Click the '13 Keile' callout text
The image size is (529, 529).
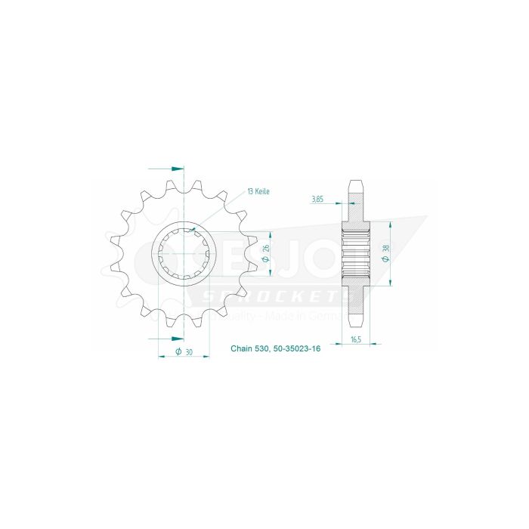point(257,192)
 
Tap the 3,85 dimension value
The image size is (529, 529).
point(317,200)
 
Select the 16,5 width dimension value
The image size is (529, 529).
point(355,341)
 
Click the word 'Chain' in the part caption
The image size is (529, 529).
point(241,350)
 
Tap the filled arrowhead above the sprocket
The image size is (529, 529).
point(177,169)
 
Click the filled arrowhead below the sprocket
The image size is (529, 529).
point(177,336)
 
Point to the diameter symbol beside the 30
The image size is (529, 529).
point(178,351)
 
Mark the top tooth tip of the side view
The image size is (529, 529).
point(355,181)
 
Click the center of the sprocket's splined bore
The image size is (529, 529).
point(184,254)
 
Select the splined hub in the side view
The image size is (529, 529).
point(355,254)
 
